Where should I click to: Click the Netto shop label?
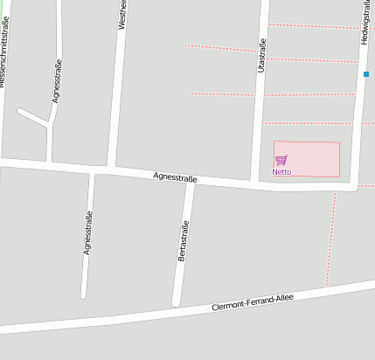(281, 172)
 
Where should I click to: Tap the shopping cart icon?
(281, 160)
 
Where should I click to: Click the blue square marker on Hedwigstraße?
(366, 74)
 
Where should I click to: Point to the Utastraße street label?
(261, 55)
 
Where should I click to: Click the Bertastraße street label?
(184, 240)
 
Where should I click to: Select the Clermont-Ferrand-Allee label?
(253, 303)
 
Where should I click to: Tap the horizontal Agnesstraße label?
(175, 177)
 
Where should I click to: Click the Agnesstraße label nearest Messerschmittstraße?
(57, 81)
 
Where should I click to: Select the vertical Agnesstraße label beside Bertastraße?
(87, 233)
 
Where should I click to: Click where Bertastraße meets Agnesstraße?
(189, 180)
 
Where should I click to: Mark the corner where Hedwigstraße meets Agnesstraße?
(355, 187)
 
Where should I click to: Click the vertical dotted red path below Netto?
(330, 238)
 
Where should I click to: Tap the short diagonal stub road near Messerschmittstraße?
(32, 116)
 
